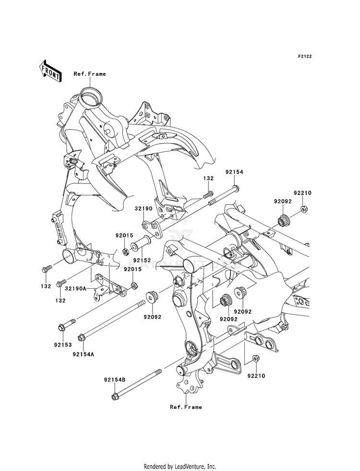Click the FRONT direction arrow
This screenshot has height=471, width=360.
(x=50, y=71)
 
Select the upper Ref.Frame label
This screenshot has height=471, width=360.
(x=90, y=74)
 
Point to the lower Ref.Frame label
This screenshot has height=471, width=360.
(x=186, y=407)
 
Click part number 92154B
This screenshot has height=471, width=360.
(x=115, y=380)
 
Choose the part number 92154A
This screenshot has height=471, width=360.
(x=83, y=354)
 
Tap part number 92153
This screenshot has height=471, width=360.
(x=63, y=345)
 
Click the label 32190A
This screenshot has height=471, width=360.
(x=76, y=289)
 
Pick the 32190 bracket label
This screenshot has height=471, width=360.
(x=145, y=208)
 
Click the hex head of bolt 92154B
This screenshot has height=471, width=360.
(x=115, y=397)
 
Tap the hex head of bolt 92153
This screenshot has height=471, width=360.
(x=61, y=327)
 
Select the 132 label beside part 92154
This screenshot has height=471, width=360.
(x=208, y=178)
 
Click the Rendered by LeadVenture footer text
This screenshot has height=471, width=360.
(x=180, y=467)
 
